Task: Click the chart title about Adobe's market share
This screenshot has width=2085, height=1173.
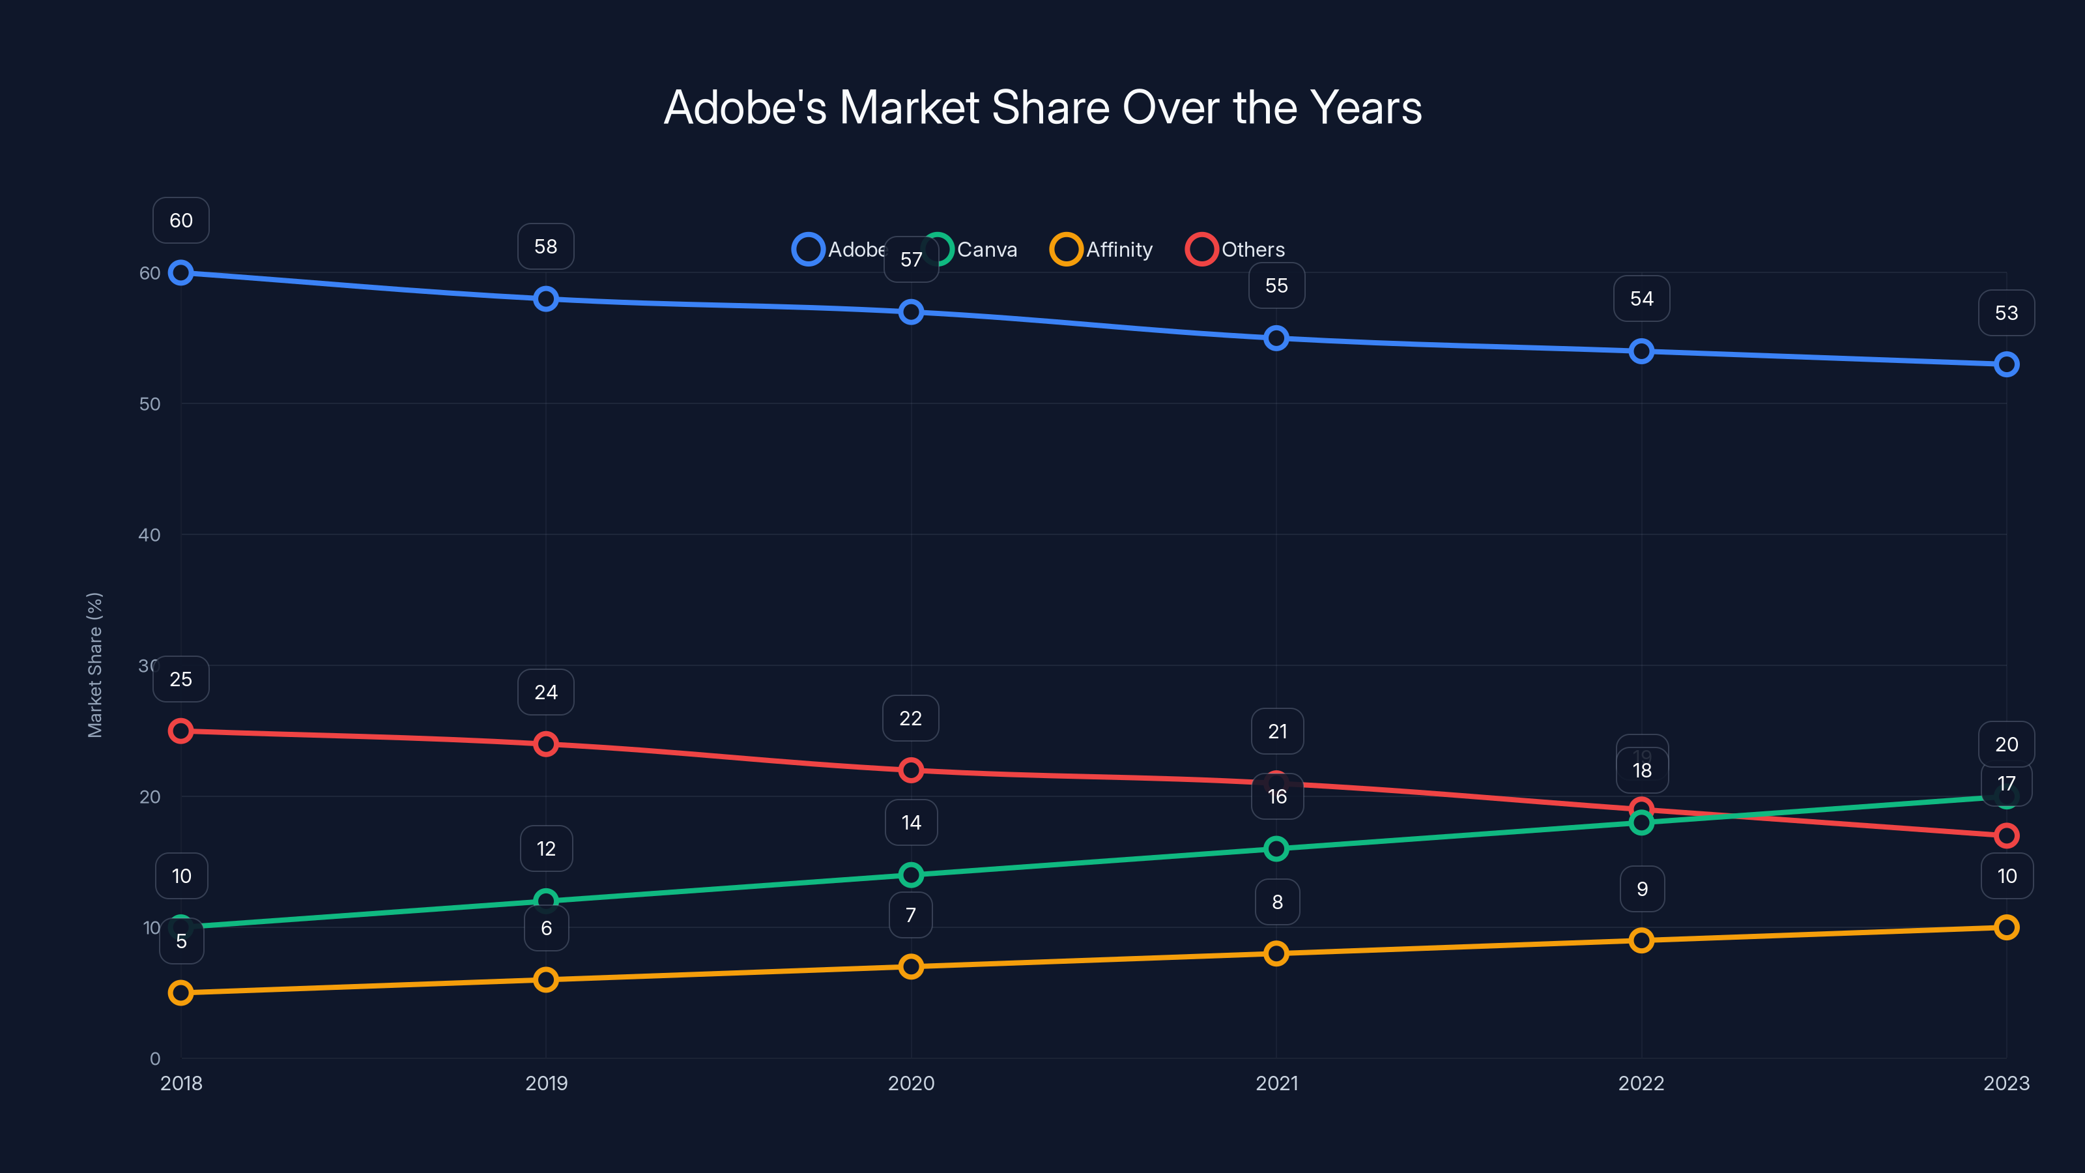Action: [x=1042, y=107]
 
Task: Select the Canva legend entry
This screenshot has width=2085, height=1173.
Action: [x=971, y=250]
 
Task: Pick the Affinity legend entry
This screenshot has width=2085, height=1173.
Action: [x=1102, y=250]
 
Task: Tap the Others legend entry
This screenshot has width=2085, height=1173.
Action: [x=1236, y=250]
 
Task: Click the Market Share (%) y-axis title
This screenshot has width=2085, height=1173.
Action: [x=94, y=665]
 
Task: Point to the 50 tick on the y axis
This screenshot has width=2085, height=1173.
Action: [x=150, y=404]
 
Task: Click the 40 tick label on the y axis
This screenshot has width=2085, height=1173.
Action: [x=150, y=535]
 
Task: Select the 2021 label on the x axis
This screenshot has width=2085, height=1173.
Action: [x=1276, y=1083]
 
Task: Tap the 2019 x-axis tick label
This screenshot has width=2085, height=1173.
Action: [x=547, y=1083]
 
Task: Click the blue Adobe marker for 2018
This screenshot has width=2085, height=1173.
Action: [x=180, y=273]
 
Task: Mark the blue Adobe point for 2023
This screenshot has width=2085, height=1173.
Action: [x=2007, y=364]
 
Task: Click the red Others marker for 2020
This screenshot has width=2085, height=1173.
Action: [x=912, y=770]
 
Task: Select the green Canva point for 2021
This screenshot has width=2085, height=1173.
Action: [x=1276, y=848]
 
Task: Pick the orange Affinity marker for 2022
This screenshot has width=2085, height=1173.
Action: [x=1641, y=940]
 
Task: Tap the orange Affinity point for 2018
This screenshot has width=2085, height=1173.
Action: [x=180, y=992]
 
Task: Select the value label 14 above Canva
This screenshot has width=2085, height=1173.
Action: [x=912, y=822]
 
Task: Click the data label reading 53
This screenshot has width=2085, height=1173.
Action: [x=2007, y=313]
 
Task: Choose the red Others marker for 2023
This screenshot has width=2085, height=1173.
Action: [x=2007, y=835]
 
